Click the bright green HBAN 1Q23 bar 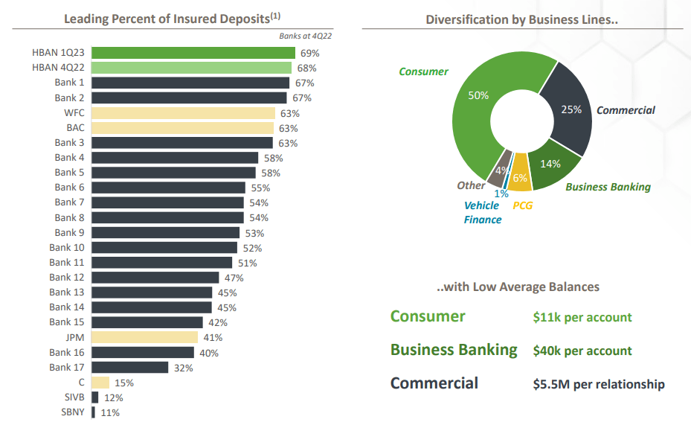(x=193, y=53)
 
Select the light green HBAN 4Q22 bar (x=192, y=68)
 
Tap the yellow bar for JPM (x=144, y=337)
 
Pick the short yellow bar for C (x=100, y=383)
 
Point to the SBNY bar (x=93, y=412)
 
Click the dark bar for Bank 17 (x=129, y=367)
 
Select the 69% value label (x=309, y=53)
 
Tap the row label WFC (x=74, y=113)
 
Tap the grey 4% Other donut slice (x=501, y=169)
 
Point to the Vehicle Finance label (x=482, y=212)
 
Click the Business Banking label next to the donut (x=608, y=187)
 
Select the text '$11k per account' (x=582, y=317)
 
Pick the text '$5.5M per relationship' (x=599, y=384)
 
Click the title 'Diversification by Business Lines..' (x=521, y=19)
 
